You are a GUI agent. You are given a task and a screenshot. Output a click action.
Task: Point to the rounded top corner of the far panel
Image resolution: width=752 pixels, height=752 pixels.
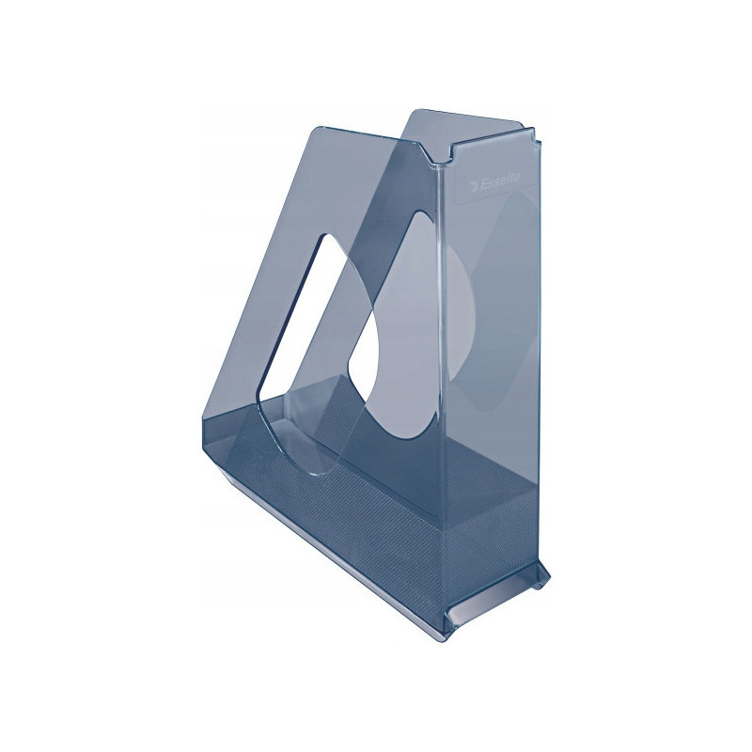[x=413, y=114]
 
